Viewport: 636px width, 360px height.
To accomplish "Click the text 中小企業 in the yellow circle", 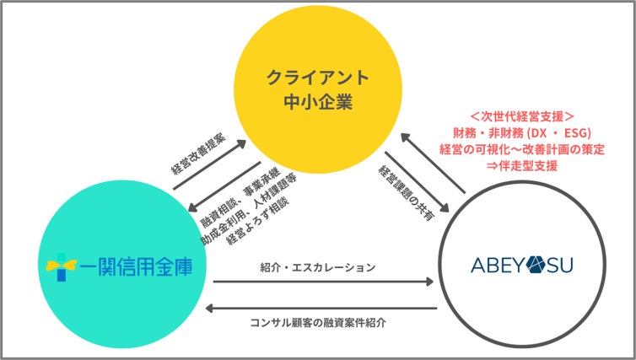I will coord(318,105).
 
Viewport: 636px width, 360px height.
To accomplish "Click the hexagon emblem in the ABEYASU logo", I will coord(537,266).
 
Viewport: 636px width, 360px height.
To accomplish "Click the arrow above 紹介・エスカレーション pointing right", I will coord(325,281).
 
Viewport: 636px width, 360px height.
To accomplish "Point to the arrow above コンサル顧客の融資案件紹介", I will coord(325,308).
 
